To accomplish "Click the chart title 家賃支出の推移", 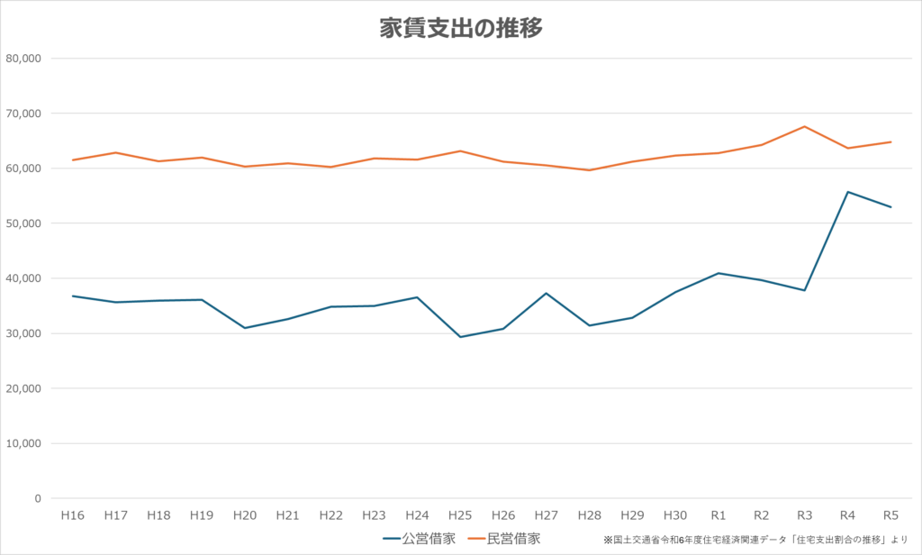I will click(460, 28).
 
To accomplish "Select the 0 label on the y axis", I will click(38, 498).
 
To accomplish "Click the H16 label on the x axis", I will click(73, 515).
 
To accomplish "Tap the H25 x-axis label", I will click(460, 515).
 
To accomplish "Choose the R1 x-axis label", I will click(719, 515).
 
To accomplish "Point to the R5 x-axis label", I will click(890, 515).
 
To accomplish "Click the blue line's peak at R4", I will click(847, 192).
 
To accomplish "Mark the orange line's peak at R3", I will click(804, 126).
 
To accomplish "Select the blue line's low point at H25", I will click(460, 337).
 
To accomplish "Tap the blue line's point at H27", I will click(547, 293).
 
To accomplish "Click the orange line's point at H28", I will click(590, 170).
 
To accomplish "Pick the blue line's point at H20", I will click(245, 328).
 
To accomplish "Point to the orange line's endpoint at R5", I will click(890, 141).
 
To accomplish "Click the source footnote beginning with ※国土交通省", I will click(756, 540).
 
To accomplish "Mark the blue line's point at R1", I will click(719, 273).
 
